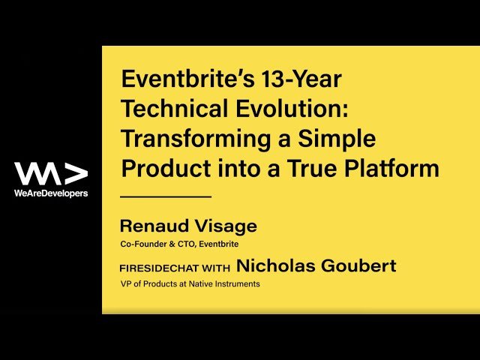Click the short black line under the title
click(166, 196)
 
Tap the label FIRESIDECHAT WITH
click(175, 268)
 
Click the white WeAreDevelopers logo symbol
click(51, 173)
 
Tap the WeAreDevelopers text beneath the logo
click(51, 193)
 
